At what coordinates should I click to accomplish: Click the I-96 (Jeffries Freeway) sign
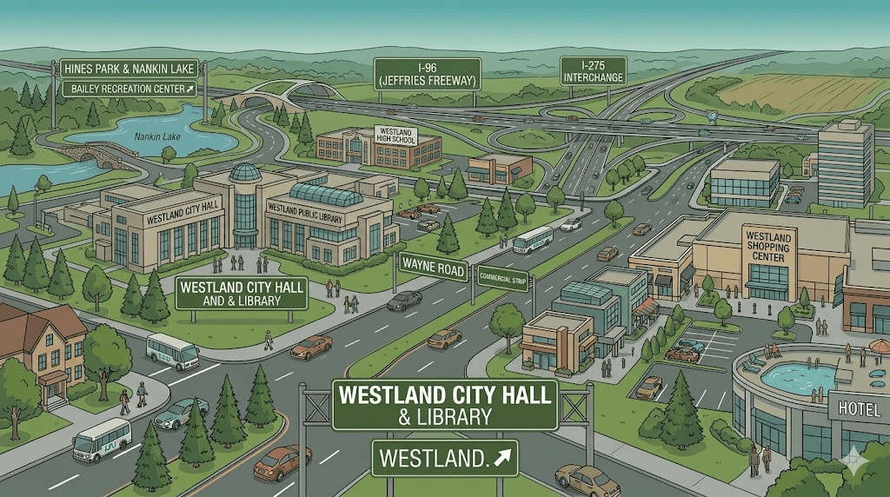[x=426, y=74]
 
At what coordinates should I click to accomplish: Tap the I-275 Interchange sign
[x=593, y=71]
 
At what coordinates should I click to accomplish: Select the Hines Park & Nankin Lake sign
[x=129, y=68]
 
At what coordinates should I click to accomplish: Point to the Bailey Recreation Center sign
[x=129, y=89]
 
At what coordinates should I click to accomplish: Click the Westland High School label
[x=395, y=135]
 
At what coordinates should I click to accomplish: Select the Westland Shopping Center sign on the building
[x=767, y=244]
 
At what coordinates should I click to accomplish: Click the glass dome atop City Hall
[x=245, y=173]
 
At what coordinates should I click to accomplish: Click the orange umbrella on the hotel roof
[x=880, y=346]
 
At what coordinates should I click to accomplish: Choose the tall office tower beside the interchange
[x=845, y=162]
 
